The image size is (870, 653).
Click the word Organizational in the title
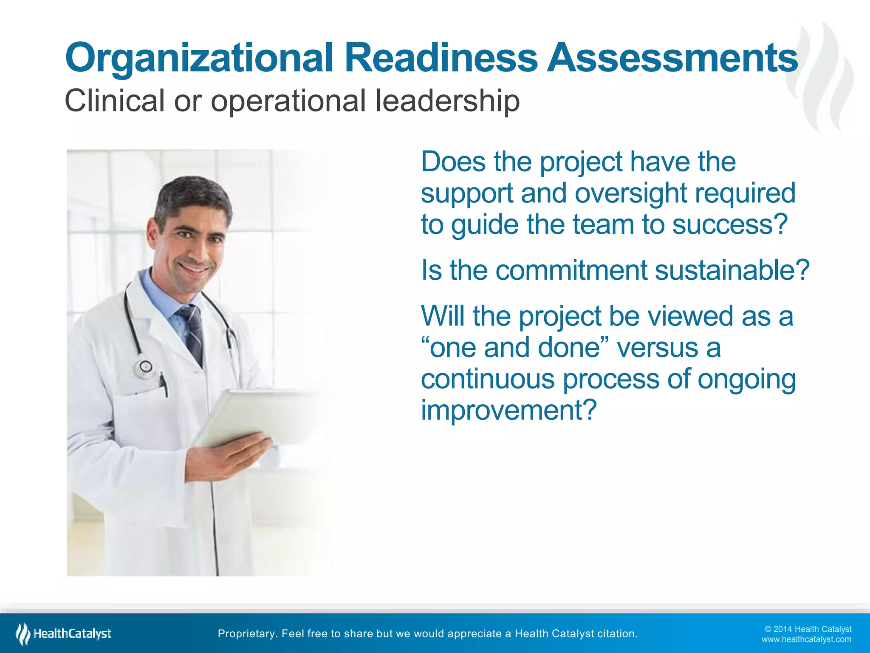[x=199, y=59]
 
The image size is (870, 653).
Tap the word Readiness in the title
[x=441, y=58]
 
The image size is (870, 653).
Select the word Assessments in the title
[x=672, y=58]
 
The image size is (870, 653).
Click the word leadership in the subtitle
[x=447, y=101]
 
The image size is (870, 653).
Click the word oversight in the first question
[x=631, y=193]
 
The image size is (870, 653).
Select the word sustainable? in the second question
[x=732, y=270]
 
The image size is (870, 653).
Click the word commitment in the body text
[x=571, y=270]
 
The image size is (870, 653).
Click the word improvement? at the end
[x=508, y=410]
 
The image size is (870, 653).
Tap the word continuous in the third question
[x=487, y=379]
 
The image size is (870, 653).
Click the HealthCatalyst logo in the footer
[x=64, y=633]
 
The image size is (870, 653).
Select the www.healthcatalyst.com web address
[x=806, y=639]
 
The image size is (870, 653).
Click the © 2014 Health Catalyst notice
[x=808, y=629]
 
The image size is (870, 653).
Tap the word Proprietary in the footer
[x=248, y=633]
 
